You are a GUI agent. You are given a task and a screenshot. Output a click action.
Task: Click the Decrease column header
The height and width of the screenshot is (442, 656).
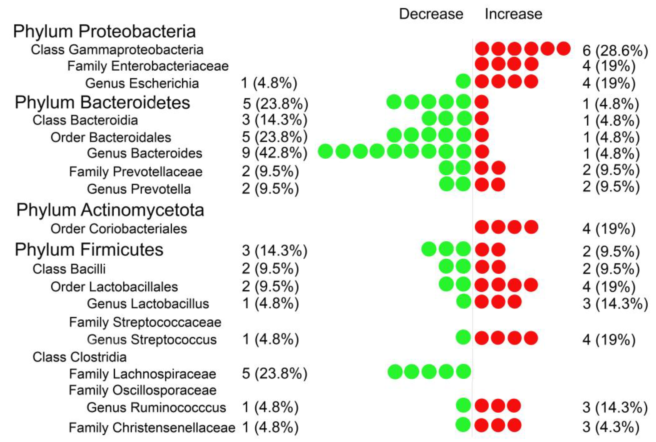[431, 14]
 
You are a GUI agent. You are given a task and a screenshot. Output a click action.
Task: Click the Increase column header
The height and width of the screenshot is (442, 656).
[513, 14]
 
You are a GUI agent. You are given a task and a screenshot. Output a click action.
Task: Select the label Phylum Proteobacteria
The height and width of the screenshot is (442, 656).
[104, 31]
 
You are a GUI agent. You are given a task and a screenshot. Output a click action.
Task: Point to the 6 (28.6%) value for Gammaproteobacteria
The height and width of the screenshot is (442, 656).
[615, 50]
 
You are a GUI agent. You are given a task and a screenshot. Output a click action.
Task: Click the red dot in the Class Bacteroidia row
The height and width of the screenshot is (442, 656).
[482, 118]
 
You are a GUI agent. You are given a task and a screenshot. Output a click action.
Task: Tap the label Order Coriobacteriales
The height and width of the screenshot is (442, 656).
[119, 229]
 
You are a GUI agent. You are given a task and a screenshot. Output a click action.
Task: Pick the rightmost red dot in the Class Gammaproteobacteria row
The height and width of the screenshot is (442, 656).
[563, 49]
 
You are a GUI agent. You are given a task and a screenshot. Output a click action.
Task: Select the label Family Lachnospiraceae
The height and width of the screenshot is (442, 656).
[142, 374]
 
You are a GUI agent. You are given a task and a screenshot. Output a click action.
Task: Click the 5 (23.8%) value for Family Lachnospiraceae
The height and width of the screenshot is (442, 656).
[274, 373]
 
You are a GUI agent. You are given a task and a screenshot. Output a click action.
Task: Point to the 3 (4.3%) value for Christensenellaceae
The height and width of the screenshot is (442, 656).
[610, 427]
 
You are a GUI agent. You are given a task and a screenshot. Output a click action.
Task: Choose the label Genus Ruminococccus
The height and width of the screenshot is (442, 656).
[156, 408]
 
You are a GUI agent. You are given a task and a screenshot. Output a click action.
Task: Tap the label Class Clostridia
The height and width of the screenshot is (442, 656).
[80, 357]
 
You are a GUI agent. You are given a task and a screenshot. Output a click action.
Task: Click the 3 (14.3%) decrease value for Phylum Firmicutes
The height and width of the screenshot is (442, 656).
[274, 250]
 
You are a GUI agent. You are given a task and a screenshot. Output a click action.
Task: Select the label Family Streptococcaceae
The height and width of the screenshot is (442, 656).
[145, 322]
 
